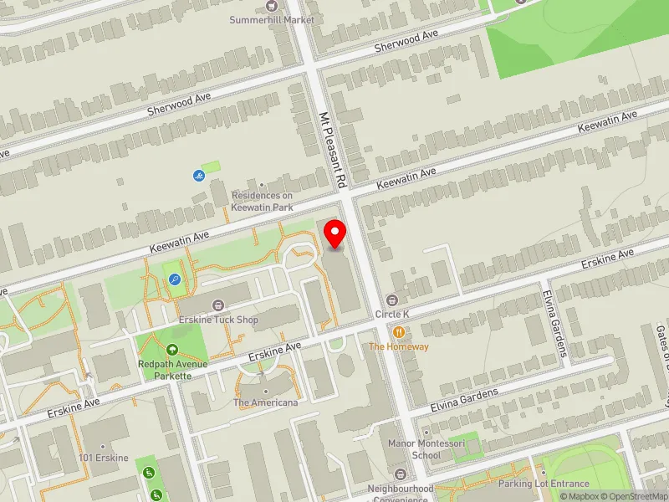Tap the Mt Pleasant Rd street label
point(333,150)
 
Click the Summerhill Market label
point(273,19)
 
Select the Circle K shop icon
point(391,300)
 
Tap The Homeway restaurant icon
point(399,332)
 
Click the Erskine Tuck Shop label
point(218,320)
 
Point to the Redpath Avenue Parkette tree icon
point(171,350)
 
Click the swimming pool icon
point(198,176)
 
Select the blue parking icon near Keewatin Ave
point(174,279)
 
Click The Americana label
point(265,402)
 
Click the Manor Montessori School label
point(415,450)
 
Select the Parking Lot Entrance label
point(544,484)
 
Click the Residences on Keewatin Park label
point(263,200)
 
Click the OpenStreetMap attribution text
point(633,496)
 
